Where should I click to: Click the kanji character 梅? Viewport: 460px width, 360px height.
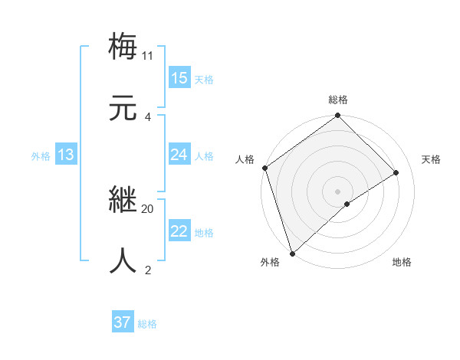point(123,46)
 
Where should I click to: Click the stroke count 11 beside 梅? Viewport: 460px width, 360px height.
point(147,55)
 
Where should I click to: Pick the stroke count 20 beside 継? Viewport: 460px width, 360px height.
point(147,208)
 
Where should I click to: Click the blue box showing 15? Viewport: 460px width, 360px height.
point(179,77)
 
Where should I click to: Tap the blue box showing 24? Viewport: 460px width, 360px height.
point(179,155)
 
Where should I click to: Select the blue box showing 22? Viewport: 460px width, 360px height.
point(179,231)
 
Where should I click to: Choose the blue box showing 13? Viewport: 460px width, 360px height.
point(66,155)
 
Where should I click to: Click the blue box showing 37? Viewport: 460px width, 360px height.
point(123,322)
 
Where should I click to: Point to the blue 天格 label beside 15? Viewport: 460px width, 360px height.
point(204,80)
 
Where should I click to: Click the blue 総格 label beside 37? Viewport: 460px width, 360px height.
point(147,324)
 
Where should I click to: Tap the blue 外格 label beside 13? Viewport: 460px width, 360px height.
point(41,156)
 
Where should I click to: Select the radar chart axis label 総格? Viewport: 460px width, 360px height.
point(338,100)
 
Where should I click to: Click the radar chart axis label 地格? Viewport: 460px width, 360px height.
point(402,262)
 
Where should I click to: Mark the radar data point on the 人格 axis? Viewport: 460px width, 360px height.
point(264,168)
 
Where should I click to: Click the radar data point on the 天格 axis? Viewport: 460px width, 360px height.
point(396,172)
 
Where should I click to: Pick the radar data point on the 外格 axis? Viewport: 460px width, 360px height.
point(292,253)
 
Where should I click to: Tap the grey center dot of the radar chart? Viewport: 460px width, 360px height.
point(338,191)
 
